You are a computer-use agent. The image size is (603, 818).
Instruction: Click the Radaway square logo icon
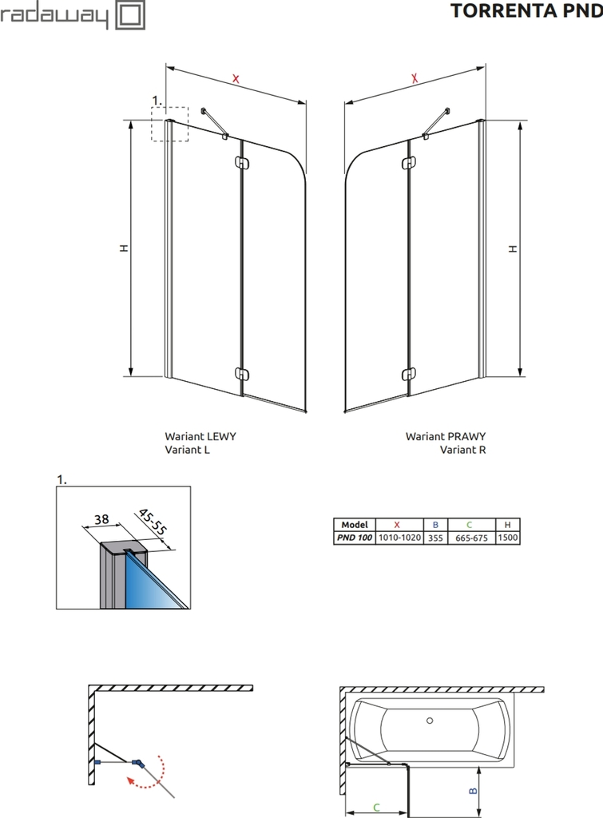[131, 15]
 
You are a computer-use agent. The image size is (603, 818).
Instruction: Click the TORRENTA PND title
[526, 11]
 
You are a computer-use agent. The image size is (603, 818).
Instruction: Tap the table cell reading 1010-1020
[399, 538]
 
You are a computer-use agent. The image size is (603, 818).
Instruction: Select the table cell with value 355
[435, 538]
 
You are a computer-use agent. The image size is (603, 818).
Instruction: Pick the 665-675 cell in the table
[470, 538]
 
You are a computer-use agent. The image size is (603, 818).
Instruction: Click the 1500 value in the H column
[508, 538]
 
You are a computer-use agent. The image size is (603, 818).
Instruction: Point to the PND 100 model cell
[354, 538]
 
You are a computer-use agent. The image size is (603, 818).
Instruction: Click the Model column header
[354, 525]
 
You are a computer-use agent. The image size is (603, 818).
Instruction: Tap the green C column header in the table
[470, 525]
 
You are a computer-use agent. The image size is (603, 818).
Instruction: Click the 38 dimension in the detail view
[101, 519]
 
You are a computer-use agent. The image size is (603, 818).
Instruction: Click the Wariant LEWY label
[200, 436]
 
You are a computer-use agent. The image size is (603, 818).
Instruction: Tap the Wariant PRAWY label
[446, 436]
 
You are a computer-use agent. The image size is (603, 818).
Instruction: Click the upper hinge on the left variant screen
[242, 164]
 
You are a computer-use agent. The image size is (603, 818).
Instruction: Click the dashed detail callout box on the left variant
[170, 124]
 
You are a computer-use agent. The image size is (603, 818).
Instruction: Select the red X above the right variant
[415, 78]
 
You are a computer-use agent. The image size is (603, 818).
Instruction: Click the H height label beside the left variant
[123, 248]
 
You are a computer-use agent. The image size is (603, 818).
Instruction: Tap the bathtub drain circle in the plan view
[430, 721]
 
